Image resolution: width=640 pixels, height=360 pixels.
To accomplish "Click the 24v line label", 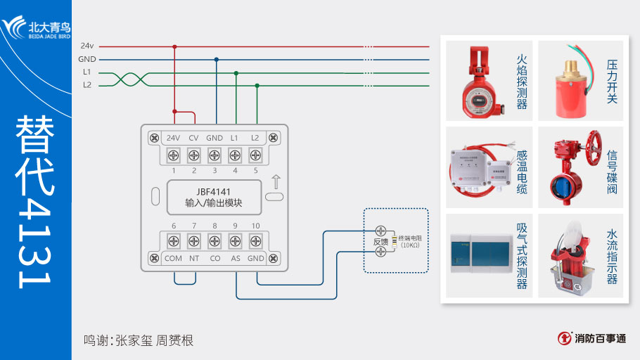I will point(87,46).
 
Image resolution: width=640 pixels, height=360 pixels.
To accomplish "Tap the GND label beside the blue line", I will point(87,60).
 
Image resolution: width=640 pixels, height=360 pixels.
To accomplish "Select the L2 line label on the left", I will point(87,85).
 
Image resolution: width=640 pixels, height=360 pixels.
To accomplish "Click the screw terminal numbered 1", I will point(174,154).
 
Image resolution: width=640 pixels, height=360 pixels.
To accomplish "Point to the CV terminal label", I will point(194,137).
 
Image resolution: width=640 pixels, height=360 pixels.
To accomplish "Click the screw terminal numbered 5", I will point(255,154).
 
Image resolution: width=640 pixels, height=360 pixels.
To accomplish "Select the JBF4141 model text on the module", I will point(214,191).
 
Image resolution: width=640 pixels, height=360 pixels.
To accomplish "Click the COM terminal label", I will point(174,258).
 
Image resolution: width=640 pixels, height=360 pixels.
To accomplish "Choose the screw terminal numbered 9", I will point(235,241).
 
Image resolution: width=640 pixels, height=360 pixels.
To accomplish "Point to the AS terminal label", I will point(235,258).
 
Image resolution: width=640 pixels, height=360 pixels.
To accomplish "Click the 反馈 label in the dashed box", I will point(380,242).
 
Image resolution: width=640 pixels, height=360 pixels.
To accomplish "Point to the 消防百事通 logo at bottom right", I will point(592,338).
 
